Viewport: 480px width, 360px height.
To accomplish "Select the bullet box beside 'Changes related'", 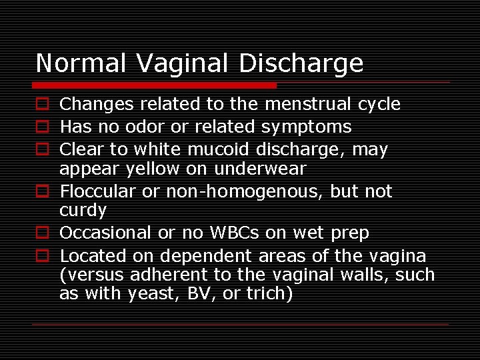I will point(42,104).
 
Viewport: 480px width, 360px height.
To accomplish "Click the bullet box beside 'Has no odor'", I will point(42,127).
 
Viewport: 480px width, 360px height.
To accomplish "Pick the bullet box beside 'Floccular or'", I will point(42,192).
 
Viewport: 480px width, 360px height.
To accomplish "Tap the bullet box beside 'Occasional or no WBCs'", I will point(42,233).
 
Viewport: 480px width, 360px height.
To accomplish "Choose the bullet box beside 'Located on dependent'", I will point(42,256).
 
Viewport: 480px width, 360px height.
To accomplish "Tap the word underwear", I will point(260,169).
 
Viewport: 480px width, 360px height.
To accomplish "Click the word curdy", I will point(83,211).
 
